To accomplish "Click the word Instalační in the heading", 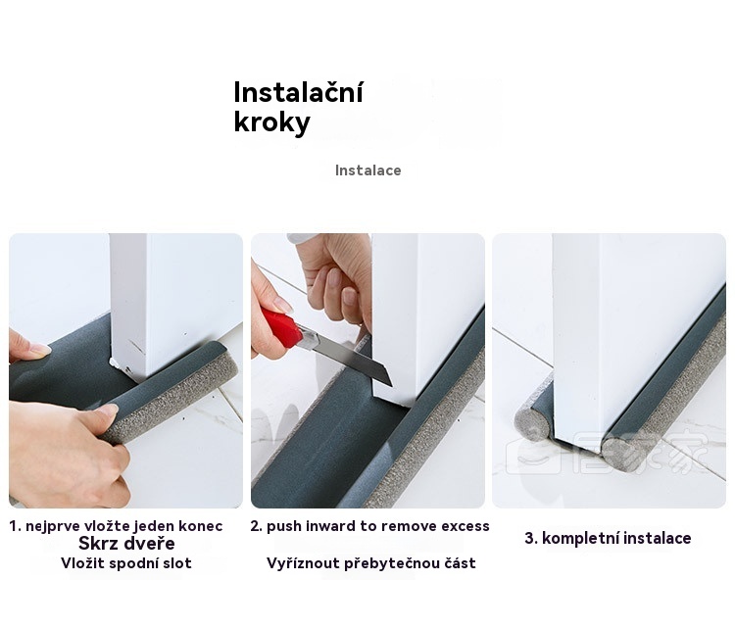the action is (x=298, y=92).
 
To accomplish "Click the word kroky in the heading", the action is (x=271, y=122).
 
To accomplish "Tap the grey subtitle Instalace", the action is (x=367, y=170).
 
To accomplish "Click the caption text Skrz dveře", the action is (x=126, y=543).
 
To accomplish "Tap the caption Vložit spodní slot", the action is (x=126, y=563).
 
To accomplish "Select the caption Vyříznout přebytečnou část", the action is (x=371, y=563).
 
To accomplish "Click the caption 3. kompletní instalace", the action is (x=608, y=538).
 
